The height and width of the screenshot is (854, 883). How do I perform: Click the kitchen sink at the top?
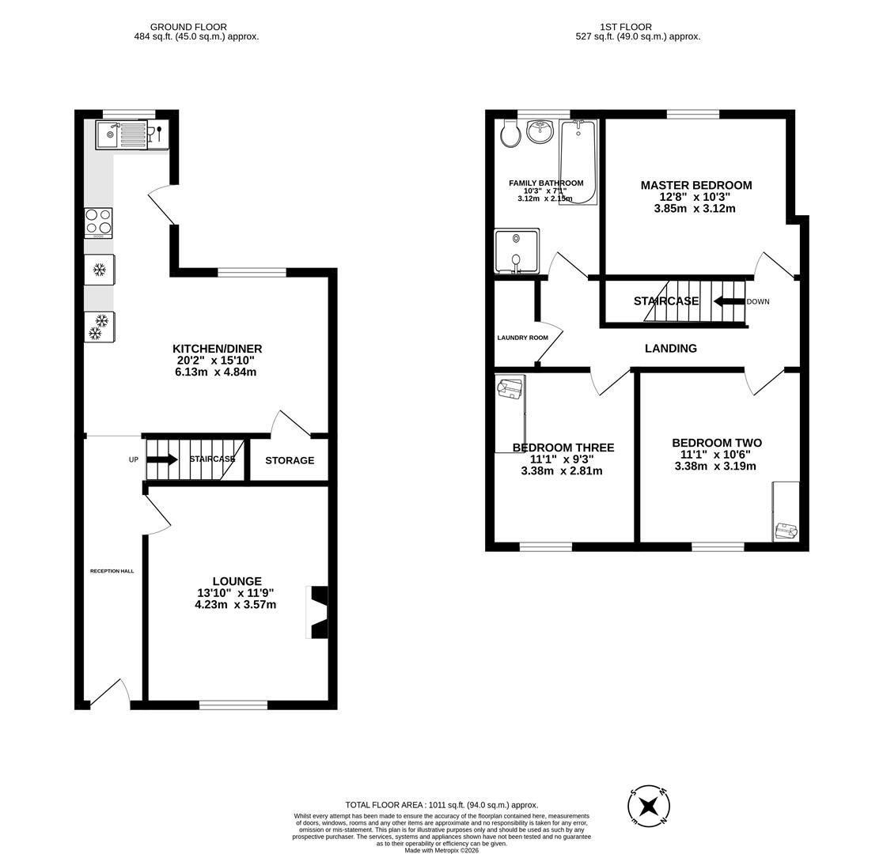click(x=121, y=134)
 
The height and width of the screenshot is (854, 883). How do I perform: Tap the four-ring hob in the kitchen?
click(x=98, y=222)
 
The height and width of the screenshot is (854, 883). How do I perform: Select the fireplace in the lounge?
click(x=317, y=611)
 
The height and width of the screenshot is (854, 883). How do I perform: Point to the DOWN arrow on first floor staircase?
click(x=729, y=301)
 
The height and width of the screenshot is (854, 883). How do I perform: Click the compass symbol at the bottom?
click(x=649, y=807)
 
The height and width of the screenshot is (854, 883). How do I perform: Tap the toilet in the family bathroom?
click(x=510, y=134)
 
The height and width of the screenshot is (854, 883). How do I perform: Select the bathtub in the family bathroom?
click(x=578, y=161)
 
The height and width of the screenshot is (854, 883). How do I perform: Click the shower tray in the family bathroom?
click(x=516, y=251)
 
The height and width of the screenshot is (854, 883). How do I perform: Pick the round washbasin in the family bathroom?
click(x=540, y=131)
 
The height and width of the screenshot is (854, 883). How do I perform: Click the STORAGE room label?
click(x=290, y=460)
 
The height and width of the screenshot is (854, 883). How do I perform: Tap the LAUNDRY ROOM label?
click(x=522, y=338)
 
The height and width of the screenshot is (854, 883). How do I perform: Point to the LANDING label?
click(x=670, y=348)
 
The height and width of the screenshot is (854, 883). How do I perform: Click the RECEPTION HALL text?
click(x=112, y=571)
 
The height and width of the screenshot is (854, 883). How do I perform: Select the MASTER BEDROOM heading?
click(x=695, y=185)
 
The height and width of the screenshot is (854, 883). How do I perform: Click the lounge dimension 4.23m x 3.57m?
click(x=235, y=605)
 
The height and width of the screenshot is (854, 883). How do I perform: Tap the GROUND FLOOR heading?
click(x=188, y=27)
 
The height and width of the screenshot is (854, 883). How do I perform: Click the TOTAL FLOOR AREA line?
click(x=441, y=805)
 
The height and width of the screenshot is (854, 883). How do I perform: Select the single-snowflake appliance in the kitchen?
click(x=100, y=270)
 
